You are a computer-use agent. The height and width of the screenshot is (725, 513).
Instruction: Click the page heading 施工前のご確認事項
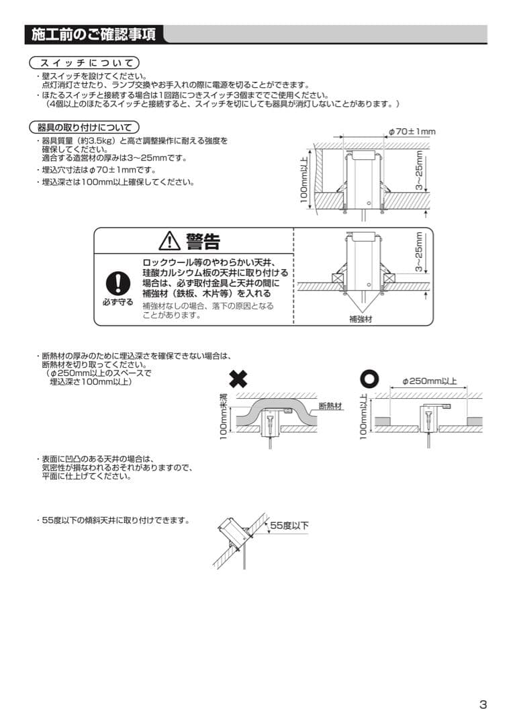[93, 35]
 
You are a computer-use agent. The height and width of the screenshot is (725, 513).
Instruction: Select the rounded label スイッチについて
[84, 62]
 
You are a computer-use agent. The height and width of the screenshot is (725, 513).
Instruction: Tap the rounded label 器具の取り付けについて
[84, 127]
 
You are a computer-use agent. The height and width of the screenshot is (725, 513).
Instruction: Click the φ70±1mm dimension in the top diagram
[412, 132]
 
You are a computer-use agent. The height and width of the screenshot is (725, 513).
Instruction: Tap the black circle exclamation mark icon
[118, 283]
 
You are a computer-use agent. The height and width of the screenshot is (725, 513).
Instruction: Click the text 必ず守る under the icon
[118, 303]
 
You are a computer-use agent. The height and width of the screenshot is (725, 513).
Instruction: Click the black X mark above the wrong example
[238, 379]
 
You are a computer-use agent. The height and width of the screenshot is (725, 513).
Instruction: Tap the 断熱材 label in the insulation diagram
[330, 406]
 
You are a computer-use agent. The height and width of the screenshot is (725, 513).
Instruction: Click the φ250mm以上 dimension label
[429, 381]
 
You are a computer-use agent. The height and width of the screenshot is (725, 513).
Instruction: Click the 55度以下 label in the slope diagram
[289, 526]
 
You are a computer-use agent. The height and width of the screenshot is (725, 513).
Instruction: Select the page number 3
[483, 704]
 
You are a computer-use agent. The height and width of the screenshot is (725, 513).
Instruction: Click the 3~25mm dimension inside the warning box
[419, 252]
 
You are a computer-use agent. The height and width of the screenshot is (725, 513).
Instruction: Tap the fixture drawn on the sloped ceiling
[233, 533]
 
